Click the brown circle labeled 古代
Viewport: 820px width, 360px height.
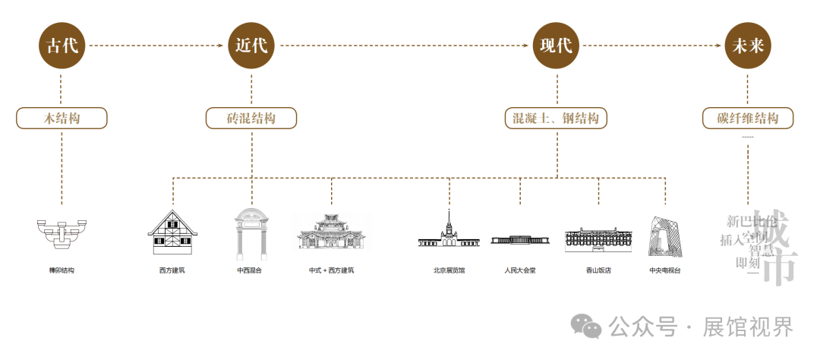coord(61,46)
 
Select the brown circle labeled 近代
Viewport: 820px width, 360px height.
coord(251,46)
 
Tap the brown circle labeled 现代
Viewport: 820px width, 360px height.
coord(555,46)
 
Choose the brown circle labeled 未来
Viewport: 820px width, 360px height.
coord(748,46)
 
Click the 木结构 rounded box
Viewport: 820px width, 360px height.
coord(61,118)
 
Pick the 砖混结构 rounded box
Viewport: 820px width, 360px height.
coord(251,118)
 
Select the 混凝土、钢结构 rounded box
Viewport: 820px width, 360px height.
coord(555,118)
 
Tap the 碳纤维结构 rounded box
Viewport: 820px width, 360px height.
coord(748,118)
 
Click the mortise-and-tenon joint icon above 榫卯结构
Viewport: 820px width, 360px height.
coord(61,232)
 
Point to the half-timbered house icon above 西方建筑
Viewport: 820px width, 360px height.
coord(172,232)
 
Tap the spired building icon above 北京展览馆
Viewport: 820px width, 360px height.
coord(449,231)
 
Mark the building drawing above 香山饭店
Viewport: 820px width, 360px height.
coord(598,238)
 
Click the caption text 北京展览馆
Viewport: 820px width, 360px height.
coord(449,270)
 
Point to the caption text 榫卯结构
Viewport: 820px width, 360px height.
coord(61,270)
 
